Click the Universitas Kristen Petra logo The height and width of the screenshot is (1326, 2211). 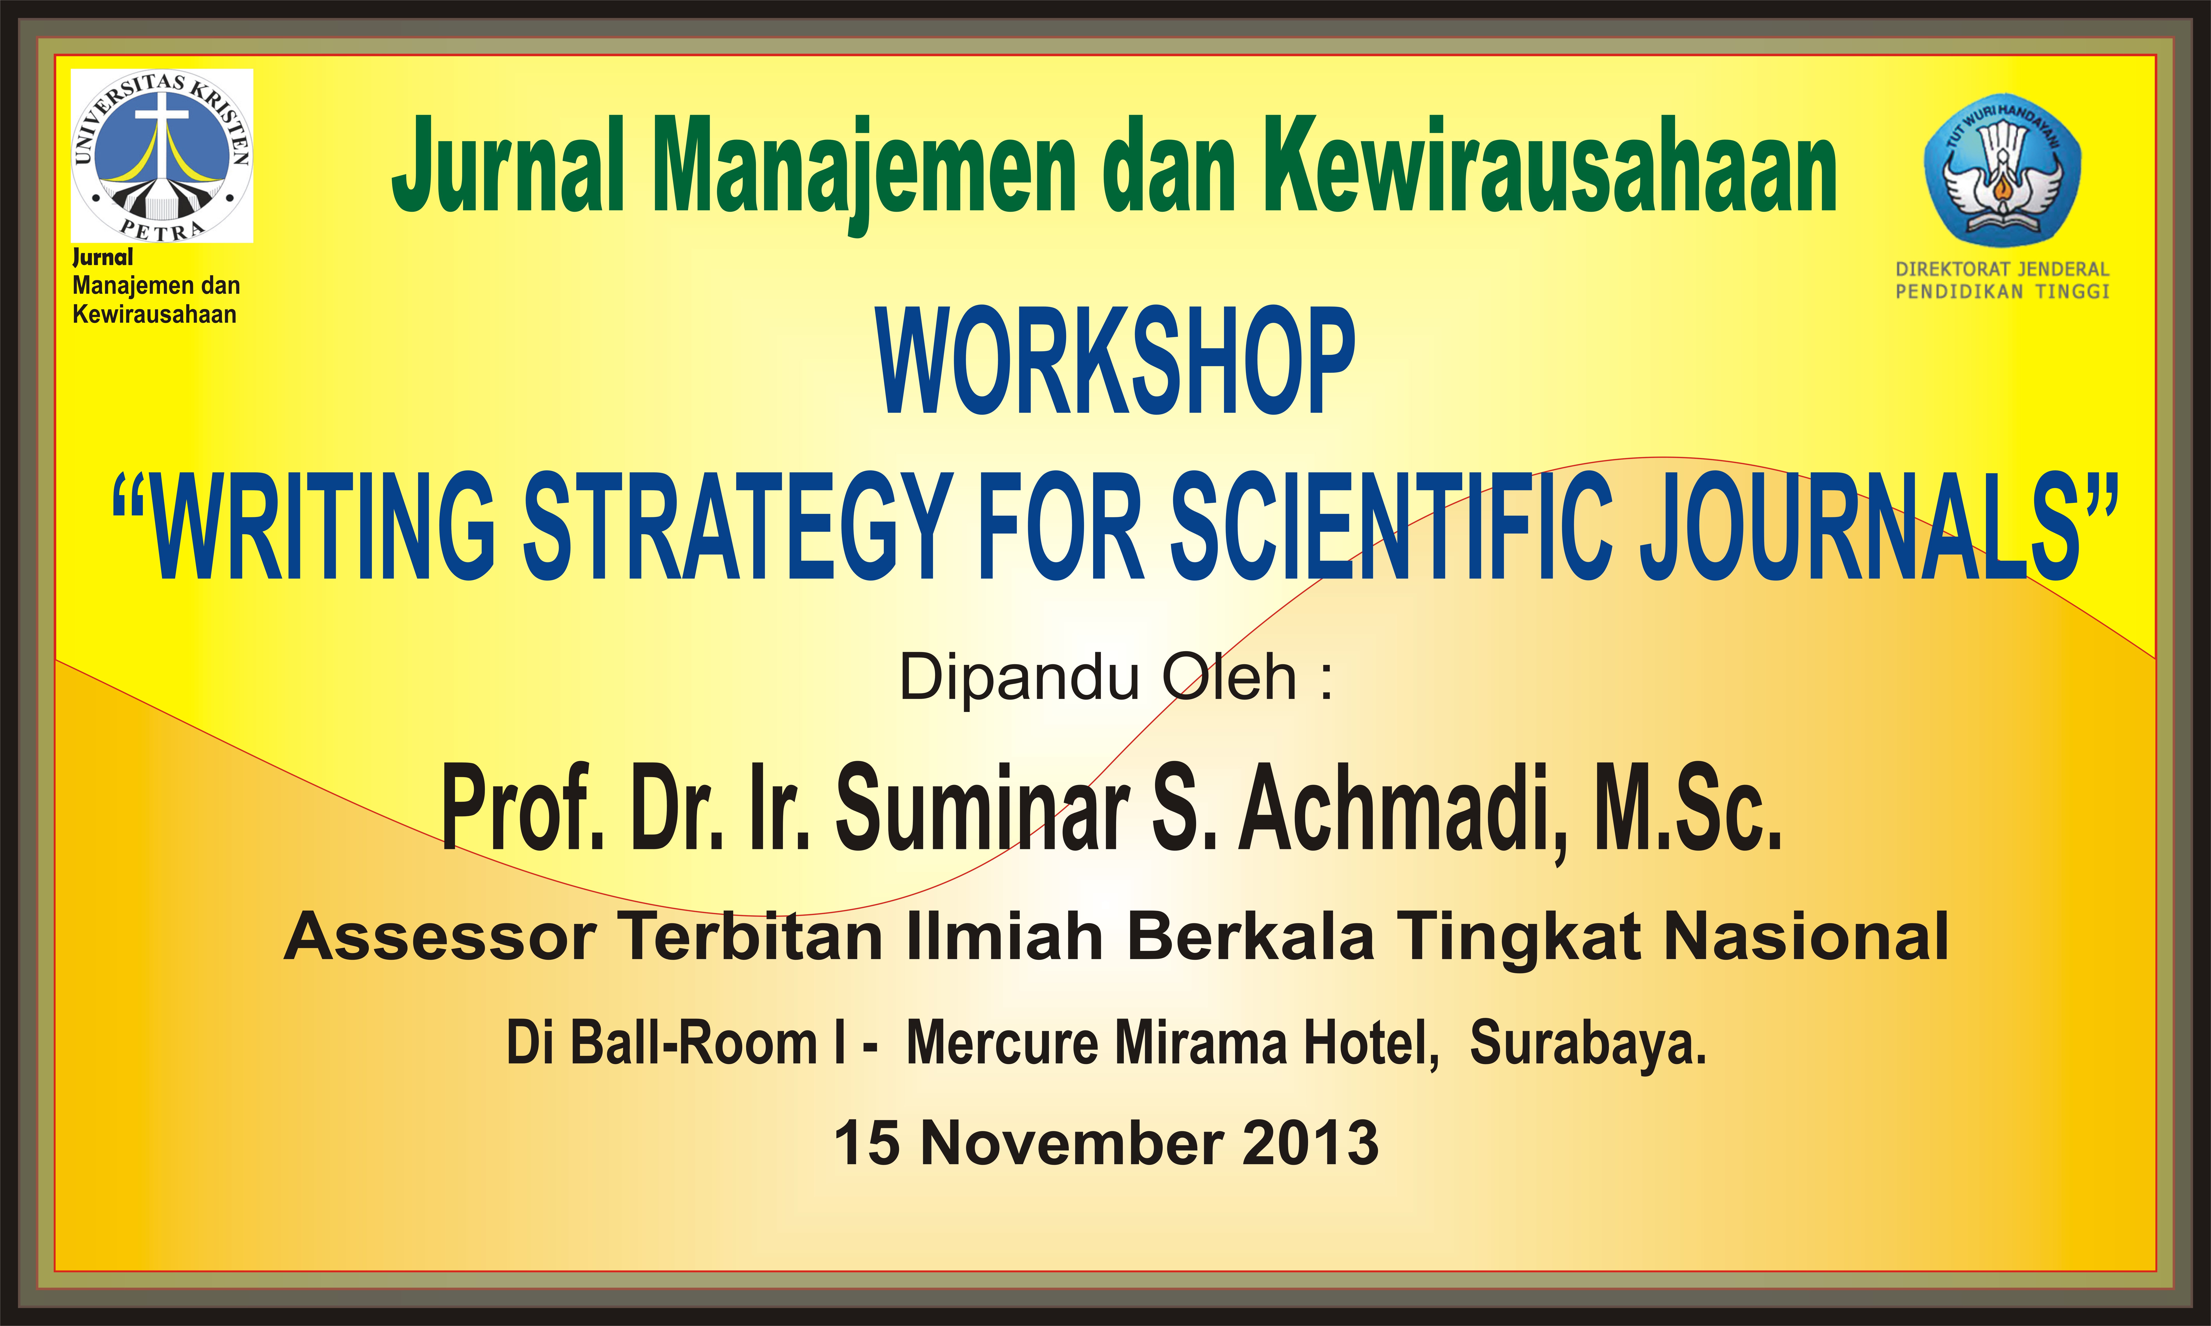click(x=162, y=155)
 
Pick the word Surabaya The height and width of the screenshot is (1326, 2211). click(x=1588, y=1044)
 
